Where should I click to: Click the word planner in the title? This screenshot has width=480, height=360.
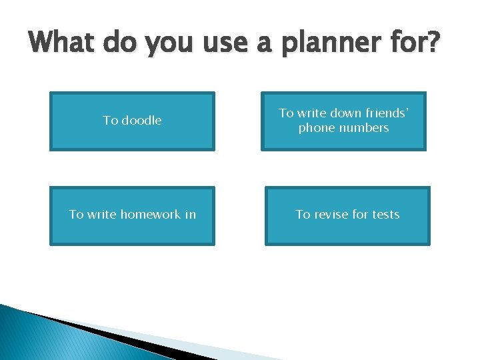pos(322,45)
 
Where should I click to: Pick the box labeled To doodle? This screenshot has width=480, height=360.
pos(132,121)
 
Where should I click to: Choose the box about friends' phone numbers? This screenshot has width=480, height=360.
pos(343,121)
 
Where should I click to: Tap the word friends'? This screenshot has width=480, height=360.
pos(381,114)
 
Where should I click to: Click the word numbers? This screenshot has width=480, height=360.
pos(364,128)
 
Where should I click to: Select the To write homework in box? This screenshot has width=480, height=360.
pos(132,215)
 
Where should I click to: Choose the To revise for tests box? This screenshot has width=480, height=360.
pos(347,215)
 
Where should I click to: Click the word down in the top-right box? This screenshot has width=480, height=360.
pos(337,114)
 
